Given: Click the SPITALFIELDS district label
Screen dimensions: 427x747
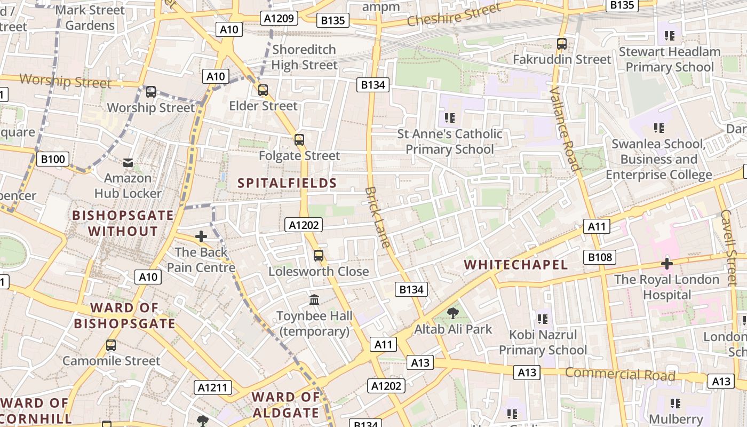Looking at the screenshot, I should click(287, 183).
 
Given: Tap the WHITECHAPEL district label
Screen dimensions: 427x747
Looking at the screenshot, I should click(515, 265).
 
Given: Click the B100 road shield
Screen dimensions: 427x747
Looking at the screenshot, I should click(53, 159).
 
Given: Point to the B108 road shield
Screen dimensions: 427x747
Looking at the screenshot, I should click(600, 257).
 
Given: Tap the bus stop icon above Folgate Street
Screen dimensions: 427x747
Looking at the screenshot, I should click(299, 140).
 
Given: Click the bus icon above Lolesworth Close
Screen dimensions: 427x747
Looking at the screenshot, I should click(319, 256).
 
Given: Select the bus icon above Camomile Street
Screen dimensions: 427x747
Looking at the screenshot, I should click(111, 345).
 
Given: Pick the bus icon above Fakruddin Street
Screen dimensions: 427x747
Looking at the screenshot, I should click(562, 44).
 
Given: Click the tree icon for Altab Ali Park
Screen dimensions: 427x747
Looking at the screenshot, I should click(453, 313).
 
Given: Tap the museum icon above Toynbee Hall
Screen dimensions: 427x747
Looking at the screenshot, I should click(314, 300).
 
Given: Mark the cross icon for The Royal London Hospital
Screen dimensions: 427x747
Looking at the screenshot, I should click(666, 263).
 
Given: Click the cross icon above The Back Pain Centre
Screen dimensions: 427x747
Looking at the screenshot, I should click(201, 236).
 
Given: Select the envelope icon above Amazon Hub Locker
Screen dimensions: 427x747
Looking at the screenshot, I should click(128, 162).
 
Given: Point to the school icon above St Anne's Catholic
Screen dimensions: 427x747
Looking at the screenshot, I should click(450, 117).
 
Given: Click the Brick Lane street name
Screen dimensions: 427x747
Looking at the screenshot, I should click(378, 217).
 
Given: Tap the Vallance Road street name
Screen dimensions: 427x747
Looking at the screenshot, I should click(565, 129).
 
